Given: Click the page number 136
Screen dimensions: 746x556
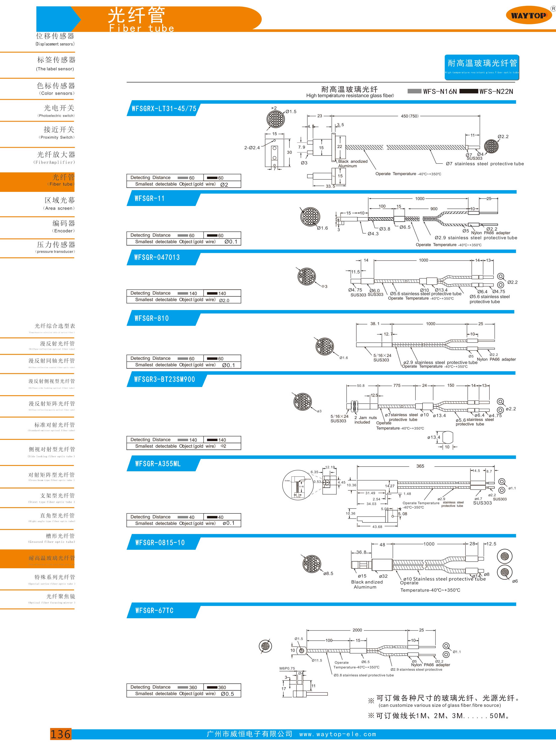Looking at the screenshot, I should coord(61,734).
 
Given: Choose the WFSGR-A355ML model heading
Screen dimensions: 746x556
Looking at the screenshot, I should coord(158,464).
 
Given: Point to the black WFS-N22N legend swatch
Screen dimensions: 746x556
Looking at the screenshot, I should coord(468,91).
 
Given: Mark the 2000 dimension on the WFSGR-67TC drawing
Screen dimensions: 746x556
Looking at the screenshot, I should coord(357,630).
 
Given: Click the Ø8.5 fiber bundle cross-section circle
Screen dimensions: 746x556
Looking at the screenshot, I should coord(312,564).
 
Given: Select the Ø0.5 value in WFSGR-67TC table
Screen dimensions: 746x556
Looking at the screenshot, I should coord(227,694).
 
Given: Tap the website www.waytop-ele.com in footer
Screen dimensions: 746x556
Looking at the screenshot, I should coord(337,734).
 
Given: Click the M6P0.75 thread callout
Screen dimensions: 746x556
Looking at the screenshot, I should coord(287,668).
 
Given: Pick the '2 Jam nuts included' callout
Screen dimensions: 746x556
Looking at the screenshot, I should coord(365,420).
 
